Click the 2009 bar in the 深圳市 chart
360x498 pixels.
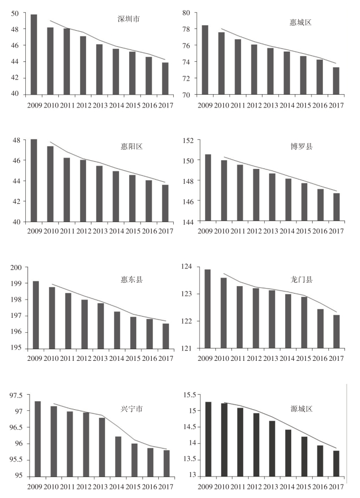click(34, 54)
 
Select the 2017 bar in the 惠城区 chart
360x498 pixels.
click(336, 81)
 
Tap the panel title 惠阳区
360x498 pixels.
click(130, 146)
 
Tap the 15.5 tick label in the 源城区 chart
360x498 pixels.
click(190, 395)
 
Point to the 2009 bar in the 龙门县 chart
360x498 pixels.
click(208, 309)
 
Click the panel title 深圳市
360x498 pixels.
click(129, 19)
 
